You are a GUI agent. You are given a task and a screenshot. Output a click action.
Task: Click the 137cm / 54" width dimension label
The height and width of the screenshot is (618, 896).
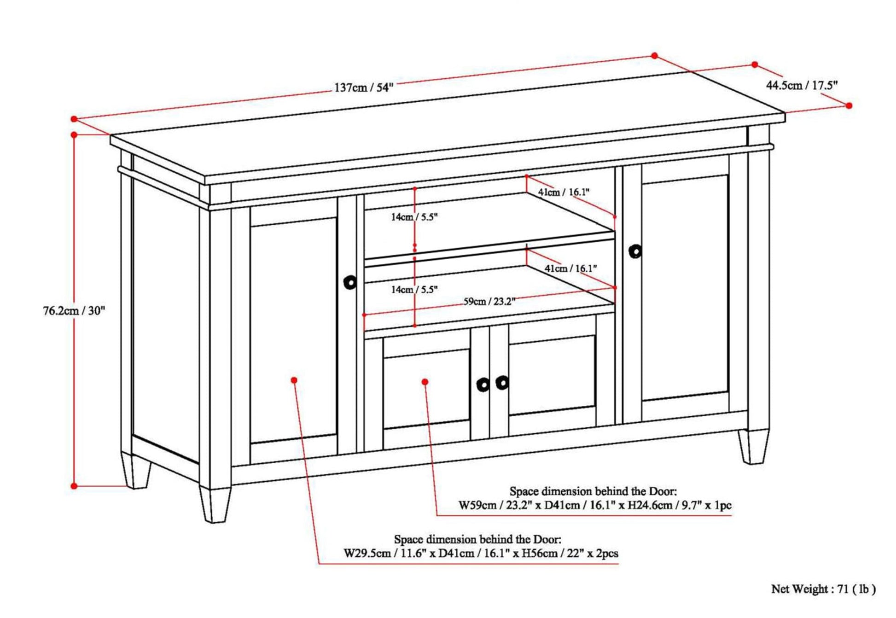coord(364,87)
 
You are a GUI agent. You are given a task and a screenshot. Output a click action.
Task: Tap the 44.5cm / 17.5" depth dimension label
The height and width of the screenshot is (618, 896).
coord(795,85)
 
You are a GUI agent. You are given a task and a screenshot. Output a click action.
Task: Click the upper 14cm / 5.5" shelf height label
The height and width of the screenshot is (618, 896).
coord(414,217)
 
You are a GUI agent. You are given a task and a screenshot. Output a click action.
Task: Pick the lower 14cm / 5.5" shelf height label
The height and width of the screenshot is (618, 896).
coord(414,290)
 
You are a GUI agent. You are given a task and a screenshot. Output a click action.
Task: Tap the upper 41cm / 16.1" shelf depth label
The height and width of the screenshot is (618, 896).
coord(564,192)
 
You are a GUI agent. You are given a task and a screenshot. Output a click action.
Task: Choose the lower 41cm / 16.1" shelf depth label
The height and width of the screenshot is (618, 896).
coord(571,268)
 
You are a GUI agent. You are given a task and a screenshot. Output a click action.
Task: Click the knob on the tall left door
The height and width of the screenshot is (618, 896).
coord(350,282)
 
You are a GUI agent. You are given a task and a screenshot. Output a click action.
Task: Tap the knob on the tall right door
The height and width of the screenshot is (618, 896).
coord(635,251)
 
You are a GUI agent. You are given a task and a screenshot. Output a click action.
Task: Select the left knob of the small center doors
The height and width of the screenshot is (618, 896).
coord(483,385)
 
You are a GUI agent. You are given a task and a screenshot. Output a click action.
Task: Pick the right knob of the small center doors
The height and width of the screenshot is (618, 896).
coord(502,382)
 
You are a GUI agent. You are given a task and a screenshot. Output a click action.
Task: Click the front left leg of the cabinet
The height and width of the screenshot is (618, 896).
coord(215,504)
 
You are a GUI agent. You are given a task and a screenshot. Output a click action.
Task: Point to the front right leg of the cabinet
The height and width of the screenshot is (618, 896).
coord(754,447)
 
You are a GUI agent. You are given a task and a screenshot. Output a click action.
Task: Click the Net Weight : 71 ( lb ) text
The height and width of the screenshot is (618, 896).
coord(824,589)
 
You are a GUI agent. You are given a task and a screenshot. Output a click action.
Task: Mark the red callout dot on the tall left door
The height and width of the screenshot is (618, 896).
coord(294,380)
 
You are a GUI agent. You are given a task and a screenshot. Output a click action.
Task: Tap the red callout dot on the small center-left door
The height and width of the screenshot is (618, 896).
coord(425,382)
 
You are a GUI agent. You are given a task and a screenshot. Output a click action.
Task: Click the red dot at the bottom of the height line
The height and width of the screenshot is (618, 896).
coord(74,486)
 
